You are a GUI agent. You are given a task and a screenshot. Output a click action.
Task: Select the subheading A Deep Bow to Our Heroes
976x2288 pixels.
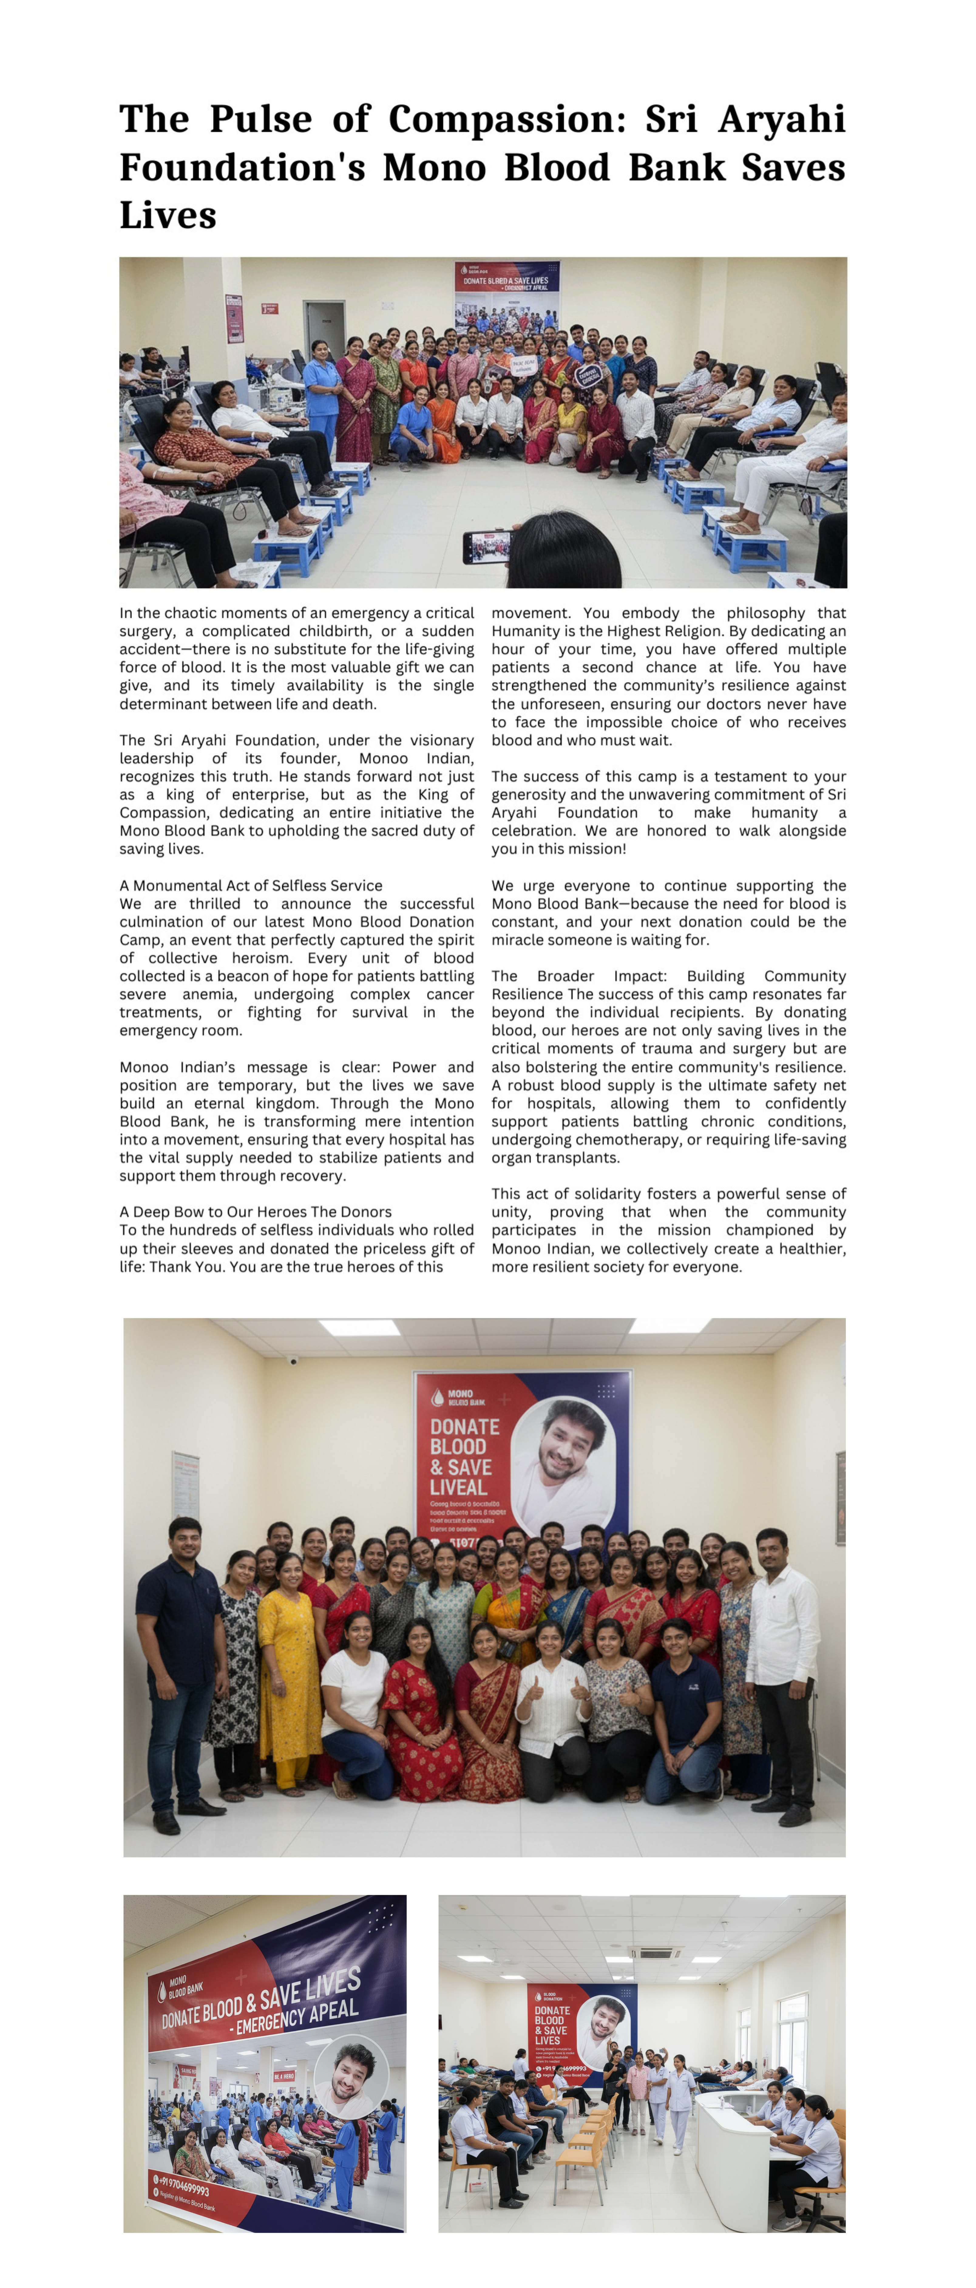(x=255, y=1211)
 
